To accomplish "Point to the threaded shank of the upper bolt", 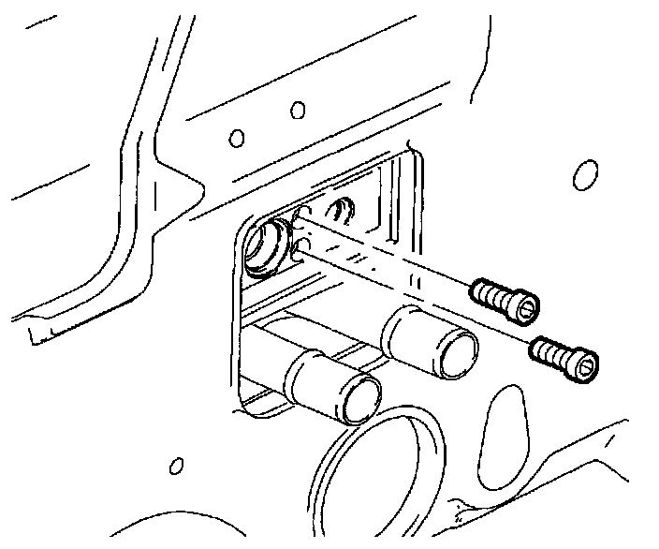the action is click(x=492, y=294).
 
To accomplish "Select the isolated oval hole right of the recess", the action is click(x=585, y=175).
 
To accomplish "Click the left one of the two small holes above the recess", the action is click(x=237, y=139).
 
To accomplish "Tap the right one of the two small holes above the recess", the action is click(x=298, y=111).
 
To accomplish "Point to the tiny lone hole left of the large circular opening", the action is click(x=175, y=466).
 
